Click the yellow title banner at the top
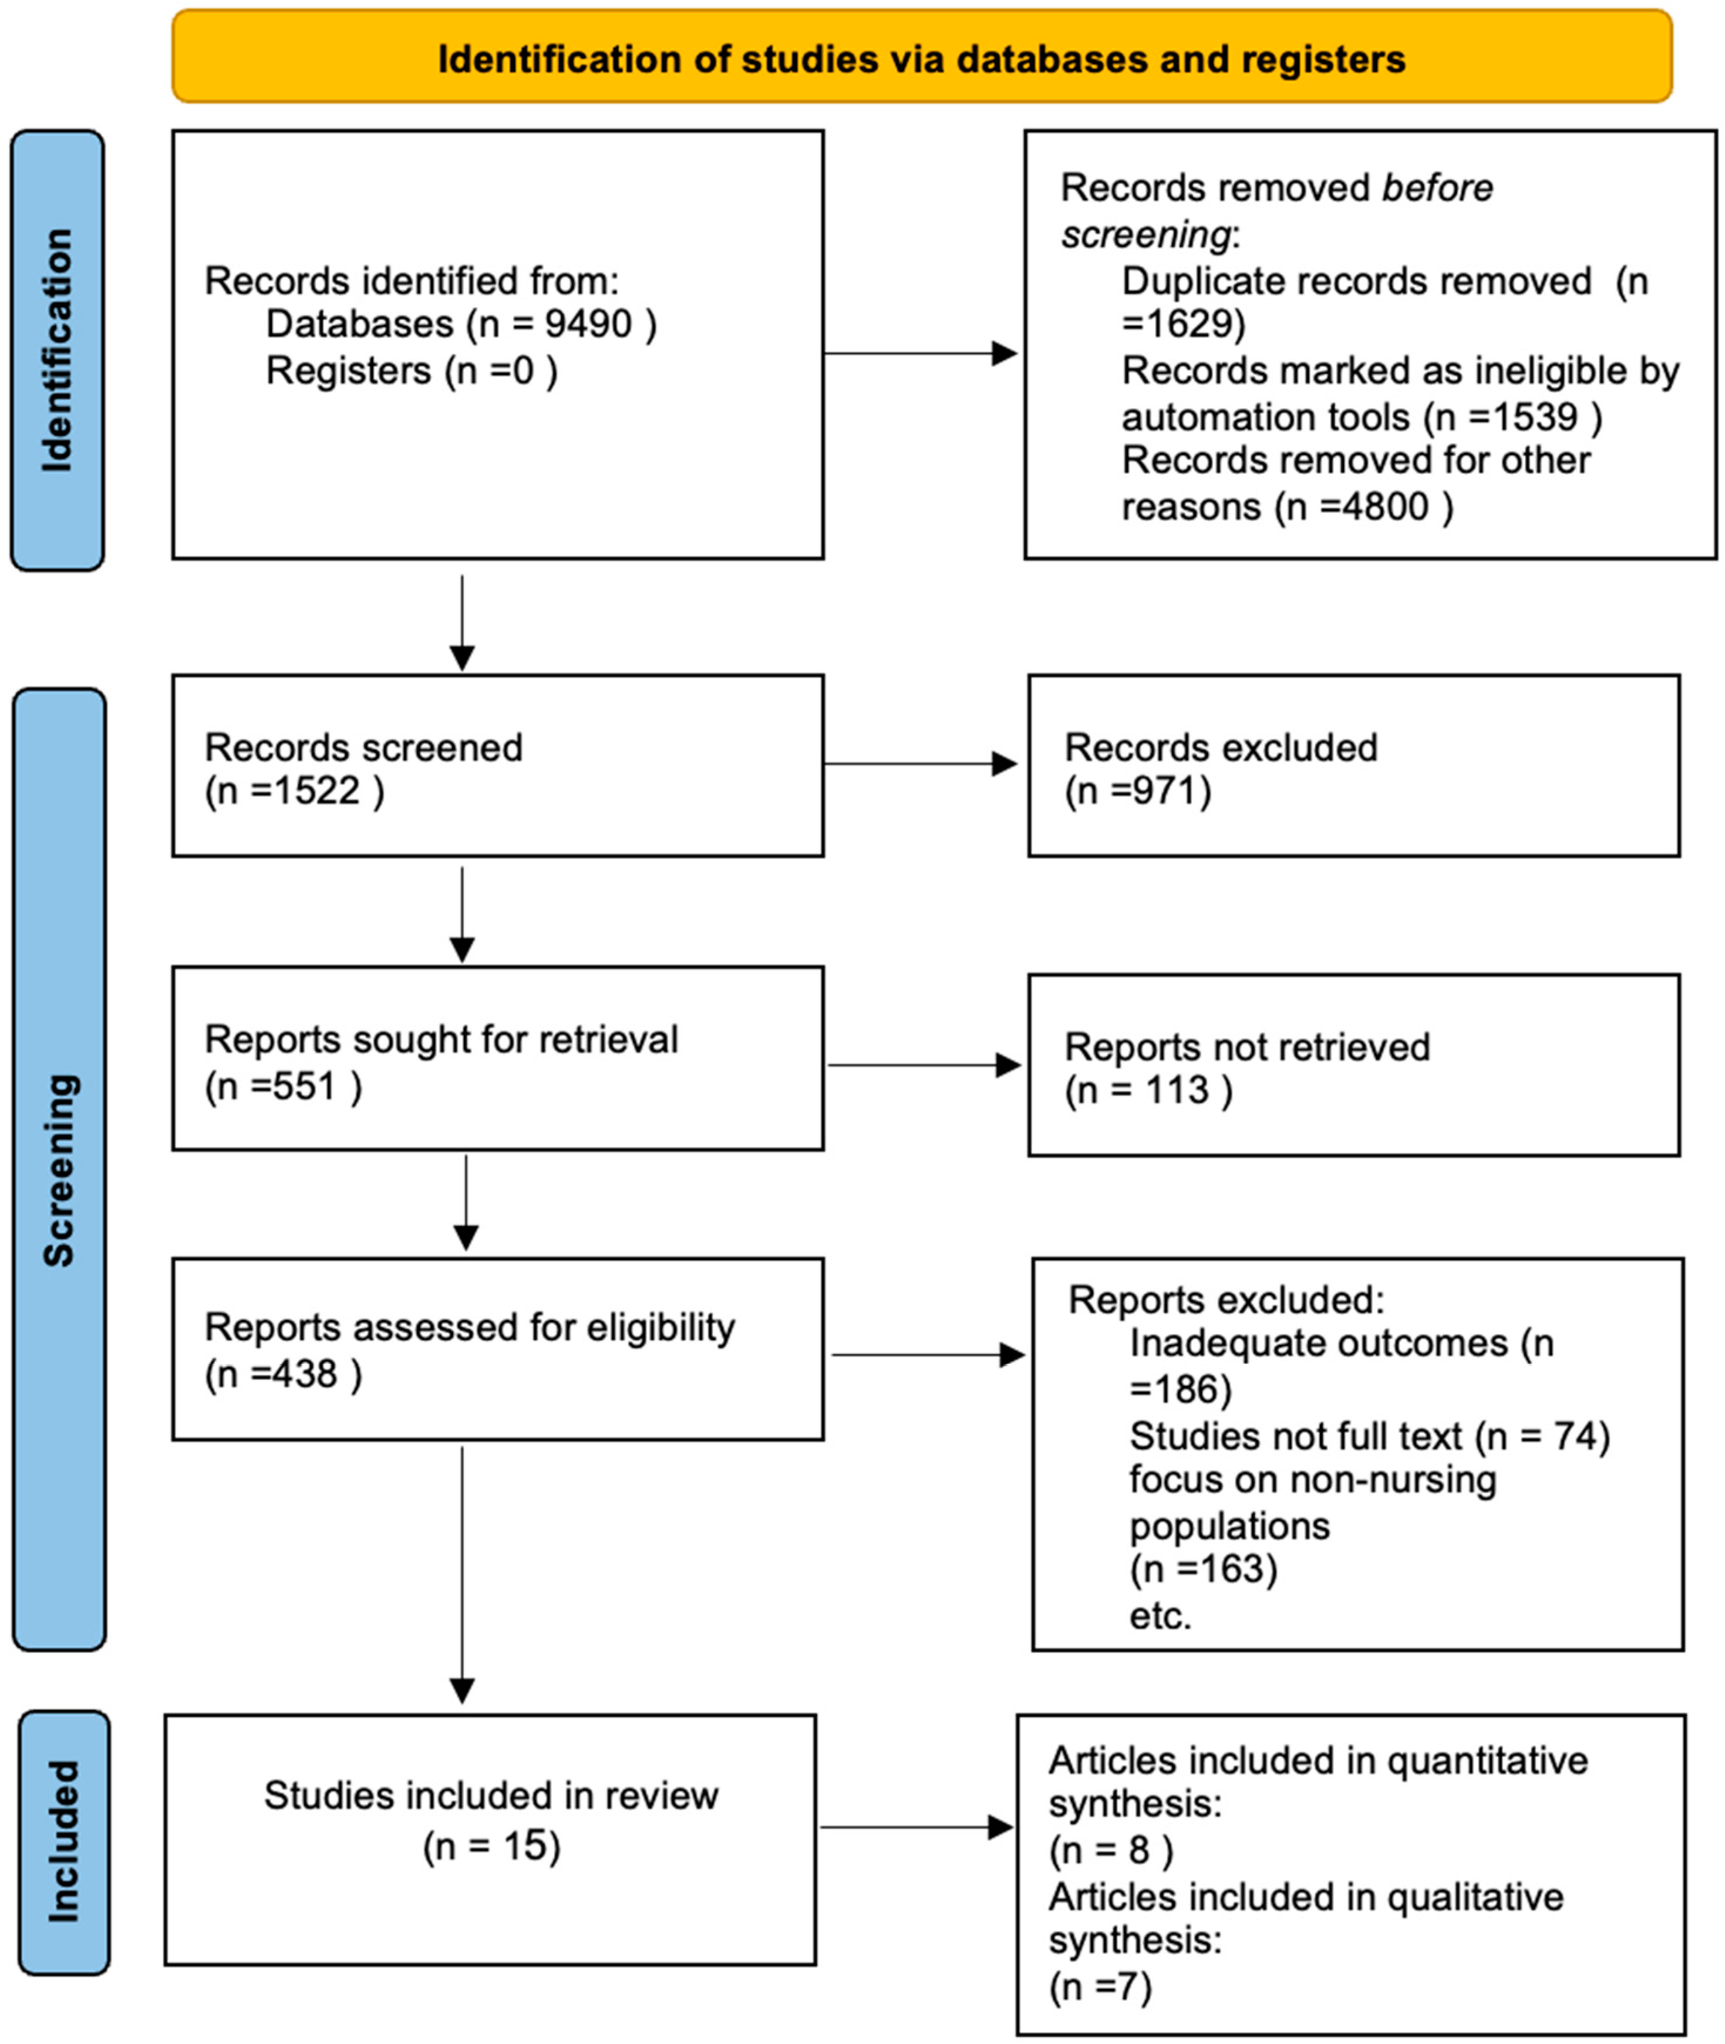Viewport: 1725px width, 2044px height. (921, 58)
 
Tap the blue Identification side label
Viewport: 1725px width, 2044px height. (57, 350)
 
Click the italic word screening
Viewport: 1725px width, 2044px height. (1145, 235)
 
